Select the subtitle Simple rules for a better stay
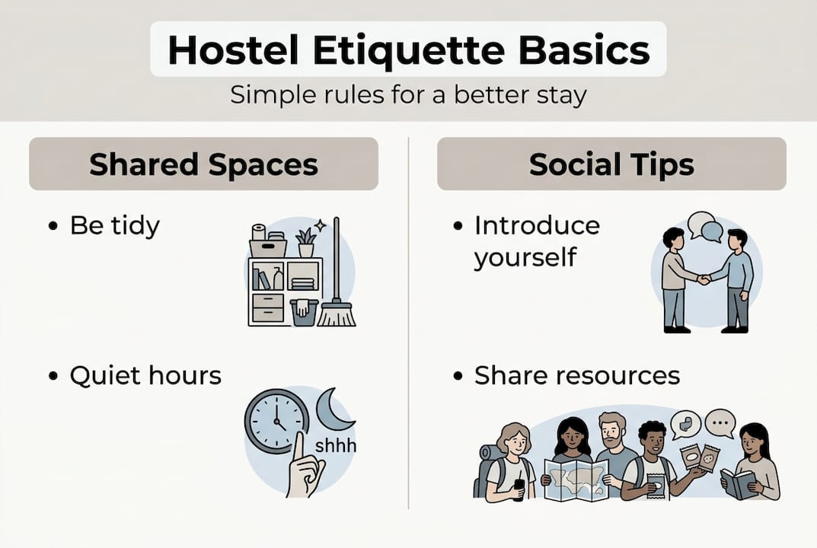[408, 95]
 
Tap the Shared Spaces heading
[203, 164]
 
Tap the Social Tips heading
[611, 164]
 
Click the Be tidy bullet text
[114, 226]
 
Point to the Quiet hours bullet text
[145, 375]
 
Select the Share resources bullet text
[576, 375]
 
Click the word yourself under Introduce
[525, 256]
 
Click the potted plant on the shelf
[306, 242]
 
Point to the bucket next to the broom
[304, 312]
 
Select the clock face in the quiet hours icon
[276, 421]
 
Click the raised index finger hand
[305, 468]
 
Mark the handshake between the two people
[704, 279]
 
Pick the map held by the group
[576, 479]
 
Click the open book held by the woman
[738, 483]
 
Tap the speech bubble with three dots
[720, 422]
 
